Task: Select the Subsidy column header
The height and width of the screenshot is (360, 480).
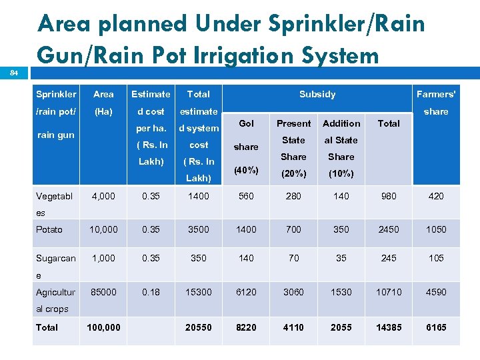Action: click(x=317, y=94)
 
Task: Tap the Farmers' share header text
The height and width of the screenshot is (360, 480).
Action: click(x=435, y=103)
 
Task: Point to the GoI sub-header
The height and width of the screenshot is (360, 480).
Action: click(x=246, y=123)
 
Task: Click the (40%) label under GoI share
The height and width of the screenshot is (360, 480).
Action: click(x=246, y=170)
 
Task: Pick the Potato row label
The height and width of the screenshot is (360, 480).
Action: click(x=49, y=229)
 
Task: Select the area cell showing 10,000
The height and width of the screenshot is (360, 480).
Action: click(x=103, y=229)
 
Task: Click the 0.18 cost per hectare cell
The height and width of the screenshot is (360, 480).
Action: click(x=151, y=292)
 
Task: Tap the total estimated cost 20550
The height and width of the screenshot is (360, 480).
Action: click(x=199, y=327)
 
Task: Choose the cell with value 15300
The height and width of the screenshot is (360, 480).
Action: click(x=199, y=292)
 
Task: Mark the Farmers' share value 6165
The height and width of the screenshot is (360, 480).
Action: click(x=436, y=327)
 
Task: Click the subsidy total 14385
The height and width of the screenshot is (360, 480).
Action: click(x=389, y=327)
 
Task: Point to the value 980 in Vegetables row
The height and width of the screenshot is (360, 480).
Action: click(x=389, y=196)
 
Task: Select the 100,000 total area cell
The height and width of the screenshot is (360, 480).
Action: click(x=103, y=327)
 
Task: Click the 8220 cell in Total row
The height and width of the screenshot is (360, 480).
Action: click(x=246, y=327)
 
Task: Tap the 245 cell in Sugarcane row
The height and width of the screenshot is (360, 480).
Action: click(x=389, y=258)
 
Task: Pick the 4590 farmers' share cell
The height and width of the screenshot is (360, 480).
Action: click(x=436, y=292)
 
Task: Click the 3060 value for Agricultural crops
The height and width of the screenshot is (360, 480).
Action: click(x=293, y=292)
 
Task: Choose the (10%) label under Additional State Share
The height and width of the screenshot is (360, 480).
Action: click(x=341, y=173)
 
